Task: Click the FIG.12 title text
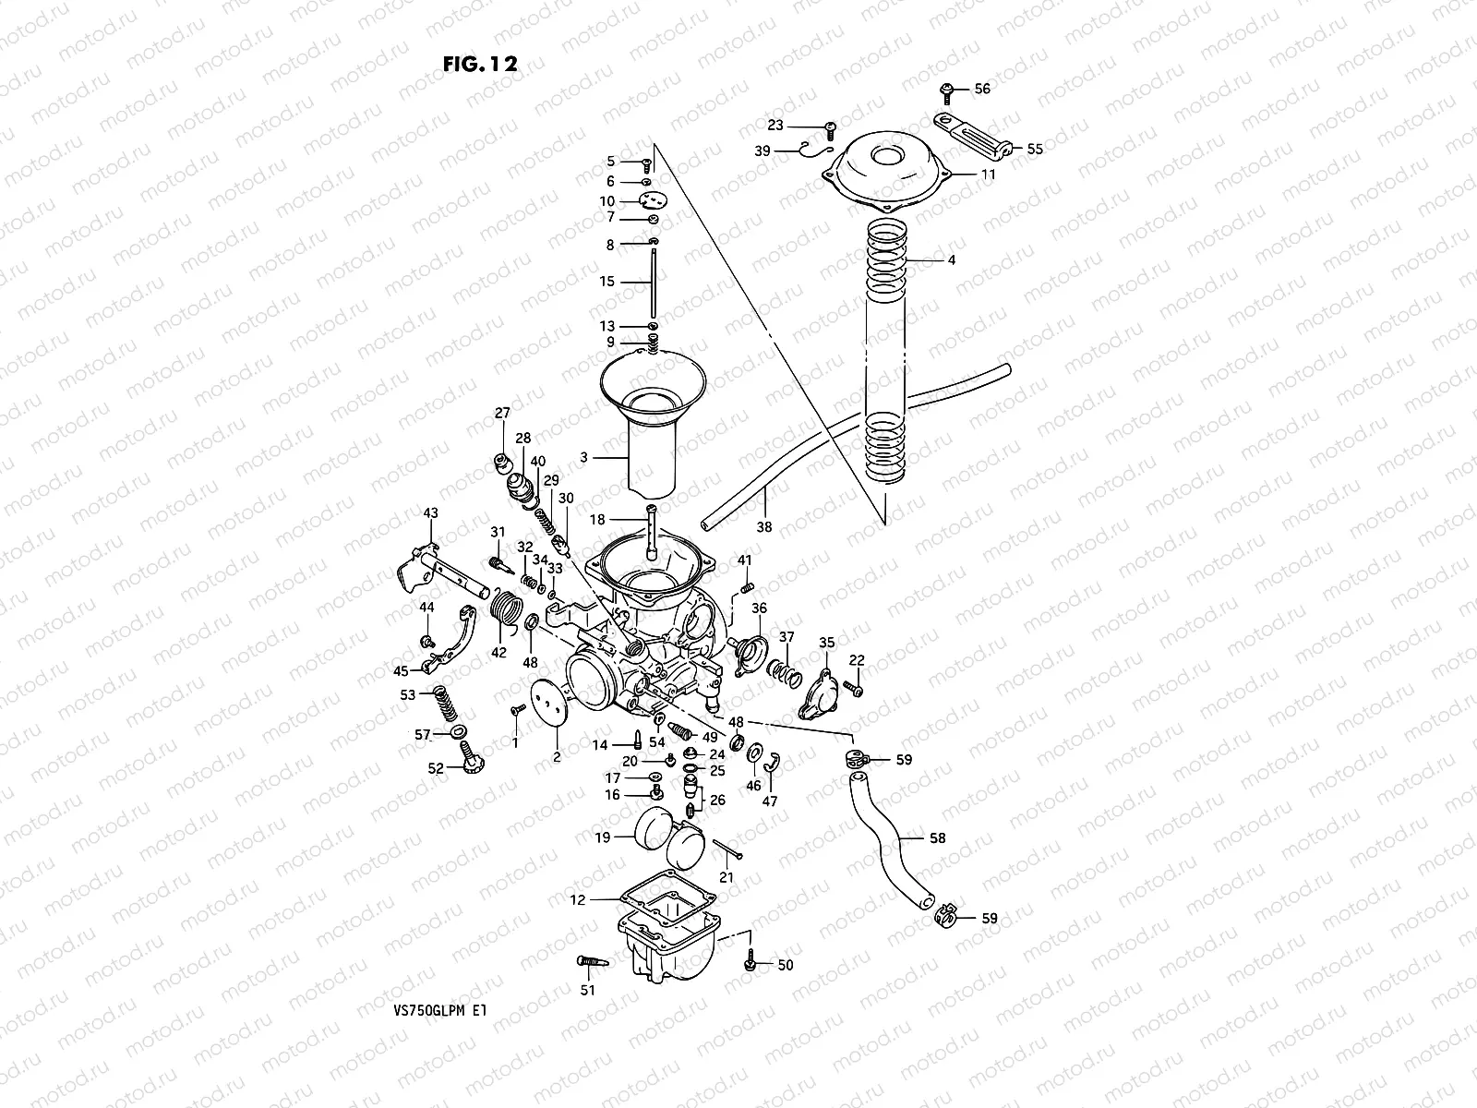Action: point(480,64)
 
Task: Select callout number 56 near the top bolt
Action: point(981,89)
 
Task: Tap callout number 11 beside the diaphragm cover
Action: point(988,174)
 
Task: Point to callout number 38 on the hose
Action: point(763,527)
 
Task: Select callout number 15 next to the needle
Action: point(606,282)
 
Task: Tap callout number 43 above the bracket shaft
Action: point(430,512)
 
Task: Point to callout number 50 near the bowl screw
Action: point(785,966)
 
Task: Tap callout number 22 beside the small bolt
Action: point(857,660)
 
